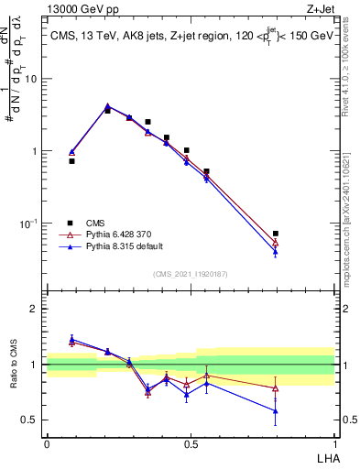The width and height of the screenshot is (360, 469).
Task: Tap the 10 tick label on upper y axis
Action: pyautogui.click(x=31, y=79)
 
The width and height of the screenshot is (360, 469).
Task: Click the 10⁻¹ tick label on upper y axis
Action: pyautogui.click(x=29, y=223)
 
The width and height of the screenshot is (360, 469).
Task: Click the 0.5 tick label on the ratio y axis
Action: pyautogui.click(x=31, y=420)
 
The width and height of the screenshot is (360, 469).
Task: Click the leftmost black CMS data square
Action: pyautogui.click(x=71, y=160)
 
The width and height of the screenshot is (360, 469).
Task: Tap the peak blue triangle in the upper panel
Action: pyautogui.click(x=107, y=105)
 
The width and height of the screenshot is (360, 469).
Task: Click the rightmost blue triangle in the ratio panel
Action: pyautogui.click(x=276, y=410)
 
